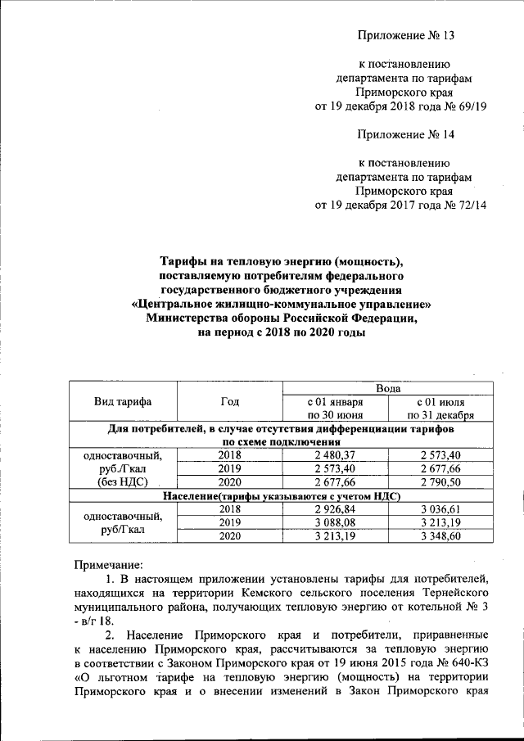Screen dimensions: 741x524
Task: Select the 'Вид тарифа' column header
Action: click(x=123, y=401)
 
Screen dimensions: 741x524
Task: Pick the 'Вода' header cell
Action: click(x=387, y=387)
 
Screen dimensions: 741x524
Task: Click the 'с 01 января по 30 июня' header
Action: click(x=335, y=408)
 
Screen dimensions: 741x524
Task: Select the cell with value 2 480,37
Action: click(x=335, y=454)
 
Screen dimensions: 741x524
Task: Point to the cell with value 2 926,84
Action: click(x=335, y=508)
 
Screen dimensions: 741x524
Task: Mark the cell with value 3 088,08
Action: click(x=335, y=522)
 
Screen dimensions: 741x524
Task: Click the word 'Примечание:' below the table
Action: click(x=108, y=564)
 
